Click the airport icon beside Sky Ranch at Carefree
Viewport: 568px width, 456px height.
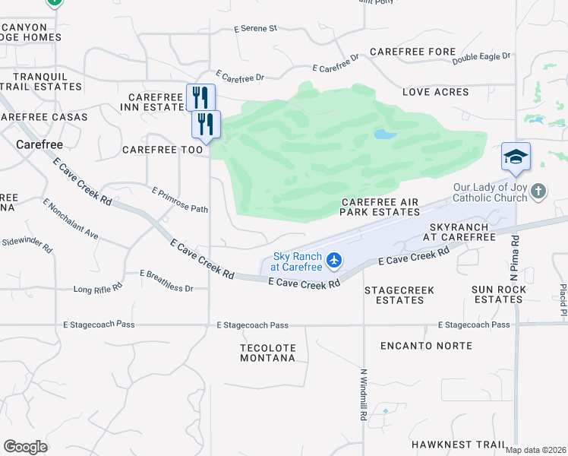point(333,261)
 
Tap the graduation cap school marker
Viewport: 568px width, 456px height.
point(516,157)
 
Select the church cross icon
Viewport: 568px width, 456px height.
point(538,191)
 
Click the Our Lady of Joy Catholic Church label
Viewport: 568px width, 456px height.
point(490,192)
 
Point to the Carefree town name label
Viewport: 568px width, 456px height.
point(39,143)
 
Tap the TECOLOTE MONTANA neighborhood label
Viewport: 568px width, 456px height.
point(267,353)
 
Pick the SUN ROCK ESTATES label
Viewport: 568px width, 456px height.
point(498,295)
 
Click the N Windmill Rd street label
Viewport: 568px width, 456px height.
point(362,395)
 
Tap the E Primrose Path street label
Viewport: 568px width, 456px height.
point(180,200)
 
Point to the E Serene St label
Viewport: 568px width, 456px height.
point(256,29)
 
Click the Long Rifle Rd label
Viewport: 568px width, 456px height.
point(98,289)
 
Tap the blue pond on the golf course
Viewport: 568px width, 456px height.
point(385,135)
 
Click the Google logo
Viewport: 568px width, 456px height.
point(25,447)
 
